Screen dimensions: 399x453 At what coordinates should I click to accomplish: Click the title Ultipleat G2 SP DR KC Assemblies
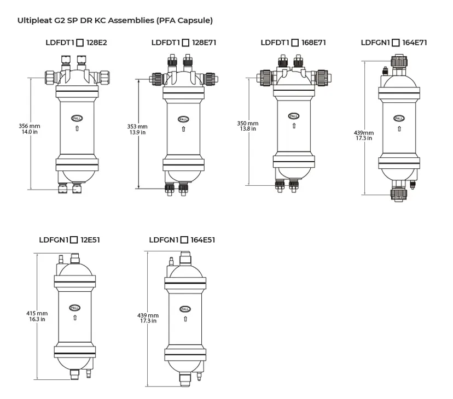115,21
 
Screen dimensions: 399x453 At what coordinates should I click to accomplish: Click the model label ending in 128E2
76,42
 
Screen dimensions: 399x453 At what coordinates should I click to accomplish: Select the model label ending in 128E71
184,42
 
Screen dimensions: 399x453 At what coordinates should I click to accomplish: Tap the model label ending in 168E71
293,42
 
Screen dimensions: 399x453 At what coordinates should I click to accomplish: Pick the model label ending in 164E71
394,42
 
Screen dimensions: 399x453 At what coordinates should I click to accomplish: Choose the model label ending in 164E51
182,239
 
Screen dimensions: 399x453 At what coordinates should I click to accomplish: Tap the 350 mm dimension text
247,124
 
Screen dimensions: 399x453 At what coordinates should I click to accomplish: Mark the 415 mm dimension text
37,313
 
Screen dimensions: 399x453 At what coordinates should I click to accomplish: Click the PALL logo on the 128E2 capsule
76,118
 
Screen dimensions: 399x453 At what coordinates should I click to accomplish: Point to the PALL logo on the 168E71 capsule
294,116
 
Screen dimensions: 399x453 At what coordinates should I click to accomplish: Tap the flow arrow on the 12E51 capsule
75,316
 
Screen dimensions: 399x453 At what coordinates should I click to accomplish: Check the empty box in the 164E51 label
184,239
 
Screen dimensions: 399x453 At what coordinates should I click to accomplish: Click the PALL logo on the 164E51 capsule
185,309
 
